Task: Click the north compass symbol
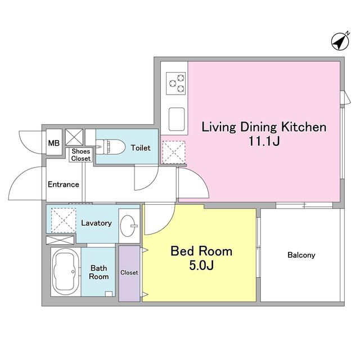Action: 341,41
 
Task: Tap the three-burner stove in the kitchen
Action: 176,83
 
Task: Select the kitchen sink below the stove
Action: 177,119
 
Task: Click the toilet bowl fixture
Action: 110,147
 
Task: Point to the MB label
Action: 54,143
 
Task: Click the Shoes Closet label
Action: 81,155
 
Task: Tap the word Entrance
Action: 64,184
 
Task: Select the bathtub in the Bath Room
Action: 66,272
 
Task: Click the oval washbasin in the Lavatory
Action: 128,226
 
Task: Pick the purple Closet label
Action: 129,272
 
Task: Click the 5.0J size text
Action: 201,265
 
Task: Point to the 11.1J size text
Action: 264,141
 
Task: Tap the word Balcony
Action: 301,255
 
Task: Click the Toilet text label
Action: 141,148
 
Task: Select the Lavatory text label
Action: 96,223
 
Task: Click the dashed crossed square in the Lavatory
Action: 64,220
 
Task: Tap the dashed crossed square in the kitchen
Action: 174,152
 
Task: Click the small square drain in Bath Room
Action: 109,294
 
